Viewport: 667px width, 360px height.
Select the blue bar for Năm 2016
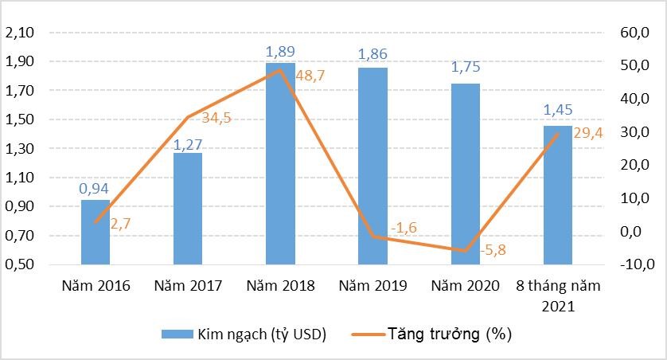click(x=96, y=232)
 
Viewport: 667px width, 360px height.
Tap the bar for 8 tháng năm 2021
click(x=557, y=195)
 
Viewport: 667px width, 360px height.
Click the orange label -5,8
click(x=493, y=251)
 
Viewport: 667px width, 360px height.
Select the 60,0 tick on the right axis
click(x=626, y=33)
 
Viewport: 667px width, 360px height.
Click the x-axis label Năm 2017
click(x=189, y=286)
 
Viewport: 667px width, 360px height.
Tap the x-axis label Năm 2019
click(x=373, y=286)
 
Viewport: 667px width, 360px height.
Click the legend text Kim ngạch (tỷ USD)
click(x=262, y=334)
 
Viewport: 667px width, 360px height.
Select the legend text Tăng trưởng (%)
click(x=450, y=334)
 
